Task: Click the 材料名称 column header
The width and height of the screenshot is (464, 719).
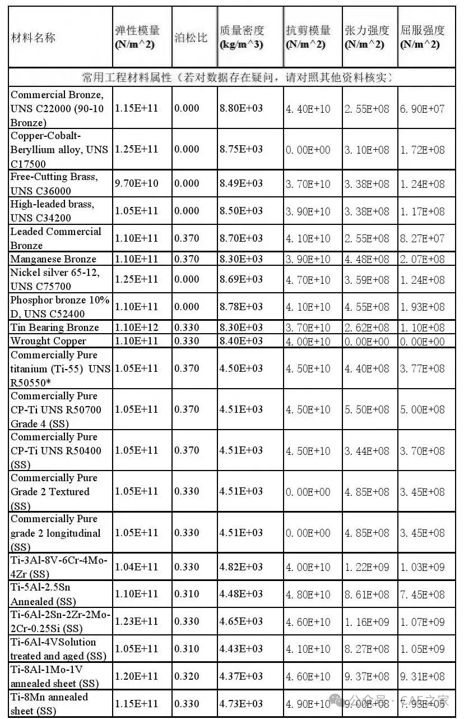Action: click(34, 38)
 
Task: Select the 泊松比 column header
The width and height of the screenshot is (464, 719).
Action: click(191, 38)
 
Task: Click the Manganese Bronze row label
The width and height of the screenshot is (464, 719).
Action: click(53, 259)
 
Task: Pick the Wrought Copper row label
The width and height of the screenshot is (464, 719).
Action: click(48, 341)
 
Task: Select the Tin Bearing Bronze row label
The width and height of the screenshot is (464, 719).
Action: click(54, 328)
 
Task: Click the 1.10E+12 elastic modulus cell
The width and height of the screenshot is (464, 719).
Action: click(136, 328)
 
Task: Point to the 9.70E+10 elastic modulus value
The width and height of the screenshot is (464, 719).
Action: click(136, 183)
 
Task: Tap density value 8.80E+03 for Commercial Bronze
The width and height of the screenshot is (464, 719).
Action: click(241, 108)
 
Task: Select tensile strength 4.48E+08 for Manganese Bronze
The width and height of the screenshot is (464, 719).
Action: click(367, 259)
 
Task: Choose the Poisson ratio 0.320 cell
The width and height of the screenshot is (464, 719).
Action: click(187, 676)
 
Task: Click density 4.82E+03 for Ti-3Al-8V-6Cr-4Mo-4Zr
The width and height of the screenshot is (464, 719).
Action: click(241, 567)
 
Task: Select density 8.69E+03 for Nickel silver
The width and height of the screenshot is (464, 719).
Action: click(241, 279)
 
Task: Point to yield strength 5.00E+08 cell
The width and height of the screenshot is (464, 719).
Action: click(422, 410)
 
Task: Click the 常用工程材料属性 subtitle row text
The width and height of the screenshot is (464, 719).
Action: click(236, 77)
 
